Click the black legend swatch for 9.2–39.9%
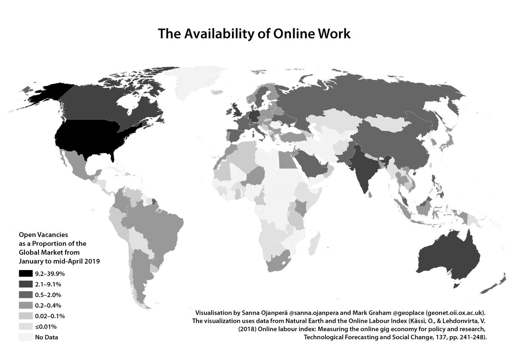tap(26, 274)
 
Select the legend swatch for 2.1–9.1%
tap(26, 285)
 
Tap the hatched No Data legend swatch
tap(26, 338)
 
